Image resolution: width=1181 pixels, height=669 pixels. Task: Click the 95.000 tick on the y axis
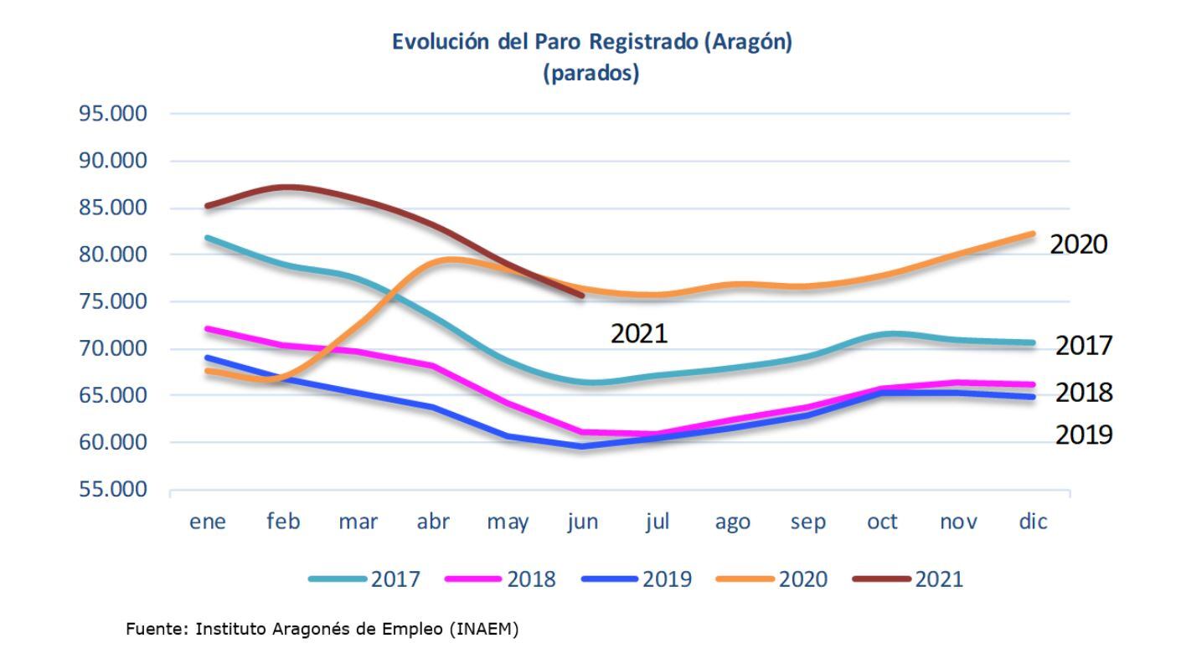[112, 114]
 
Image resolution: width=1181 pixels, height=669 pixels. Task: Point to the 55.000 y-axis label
[112, 489]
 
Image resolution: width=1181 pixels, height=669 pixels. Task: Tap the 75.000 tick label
[112, 301]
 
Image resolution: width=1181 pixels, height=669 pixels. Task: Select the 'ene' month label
[208, 522]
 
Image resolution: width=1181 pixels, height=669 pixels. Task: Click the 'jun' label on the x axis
[582, 522]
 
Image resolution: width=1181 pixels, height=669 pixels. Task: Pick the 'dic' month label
[1033, 522]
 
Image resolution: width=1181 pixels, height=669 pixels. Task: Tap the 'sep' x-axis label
[807, 522]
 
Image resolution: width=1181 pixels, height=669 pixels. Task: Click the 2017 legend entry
[364, 579]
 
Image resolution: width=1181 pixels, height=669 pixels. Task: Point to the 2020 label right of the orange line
[1079, 244]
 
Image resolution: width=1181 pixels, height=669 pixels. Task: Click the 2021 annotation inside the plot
[639, 334]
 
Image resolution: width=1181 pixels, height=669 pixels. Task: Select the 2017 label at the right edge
[1084, 345]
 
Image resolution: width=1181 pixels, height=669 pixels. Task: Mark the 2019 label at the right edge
[1084, 435]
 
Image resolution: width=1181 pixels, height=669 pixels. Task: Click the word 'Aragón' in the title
[745, 43]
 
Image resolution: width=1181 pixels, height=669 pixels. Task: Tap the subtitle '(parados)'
[590, 74]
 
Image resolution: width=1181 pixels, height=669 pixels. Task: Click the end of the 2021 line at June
[582, 296]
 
